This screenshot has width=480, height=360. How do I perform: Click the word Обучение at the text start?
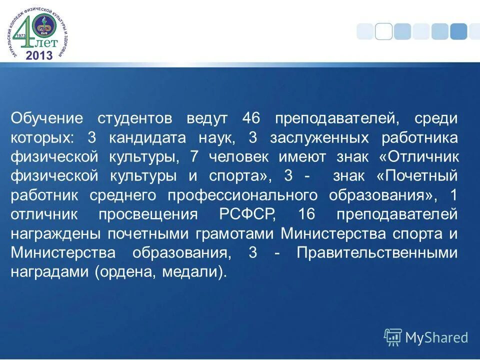[x=46, y=119]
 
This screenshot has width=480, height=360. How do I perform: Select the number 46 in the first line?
[x=251, y=119]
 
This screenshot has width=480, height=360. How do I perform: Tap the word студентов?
[x=135, y=119]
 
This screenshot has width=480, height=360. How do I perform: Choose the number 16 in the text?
[x=306, y=214]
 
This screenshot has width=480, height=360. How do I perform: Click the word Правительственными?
[x=377, y=252]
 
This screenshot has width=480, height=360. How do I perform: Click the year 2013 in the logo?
[x=38, y=55]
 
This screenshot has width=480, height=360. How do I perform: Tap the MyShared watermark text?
[x=436, y=338]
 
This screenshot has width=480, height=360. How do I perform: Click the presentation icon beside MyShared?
[x=393, y=337]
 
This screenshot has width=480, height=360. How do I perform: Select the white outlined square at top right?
[x=383, y=31]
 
